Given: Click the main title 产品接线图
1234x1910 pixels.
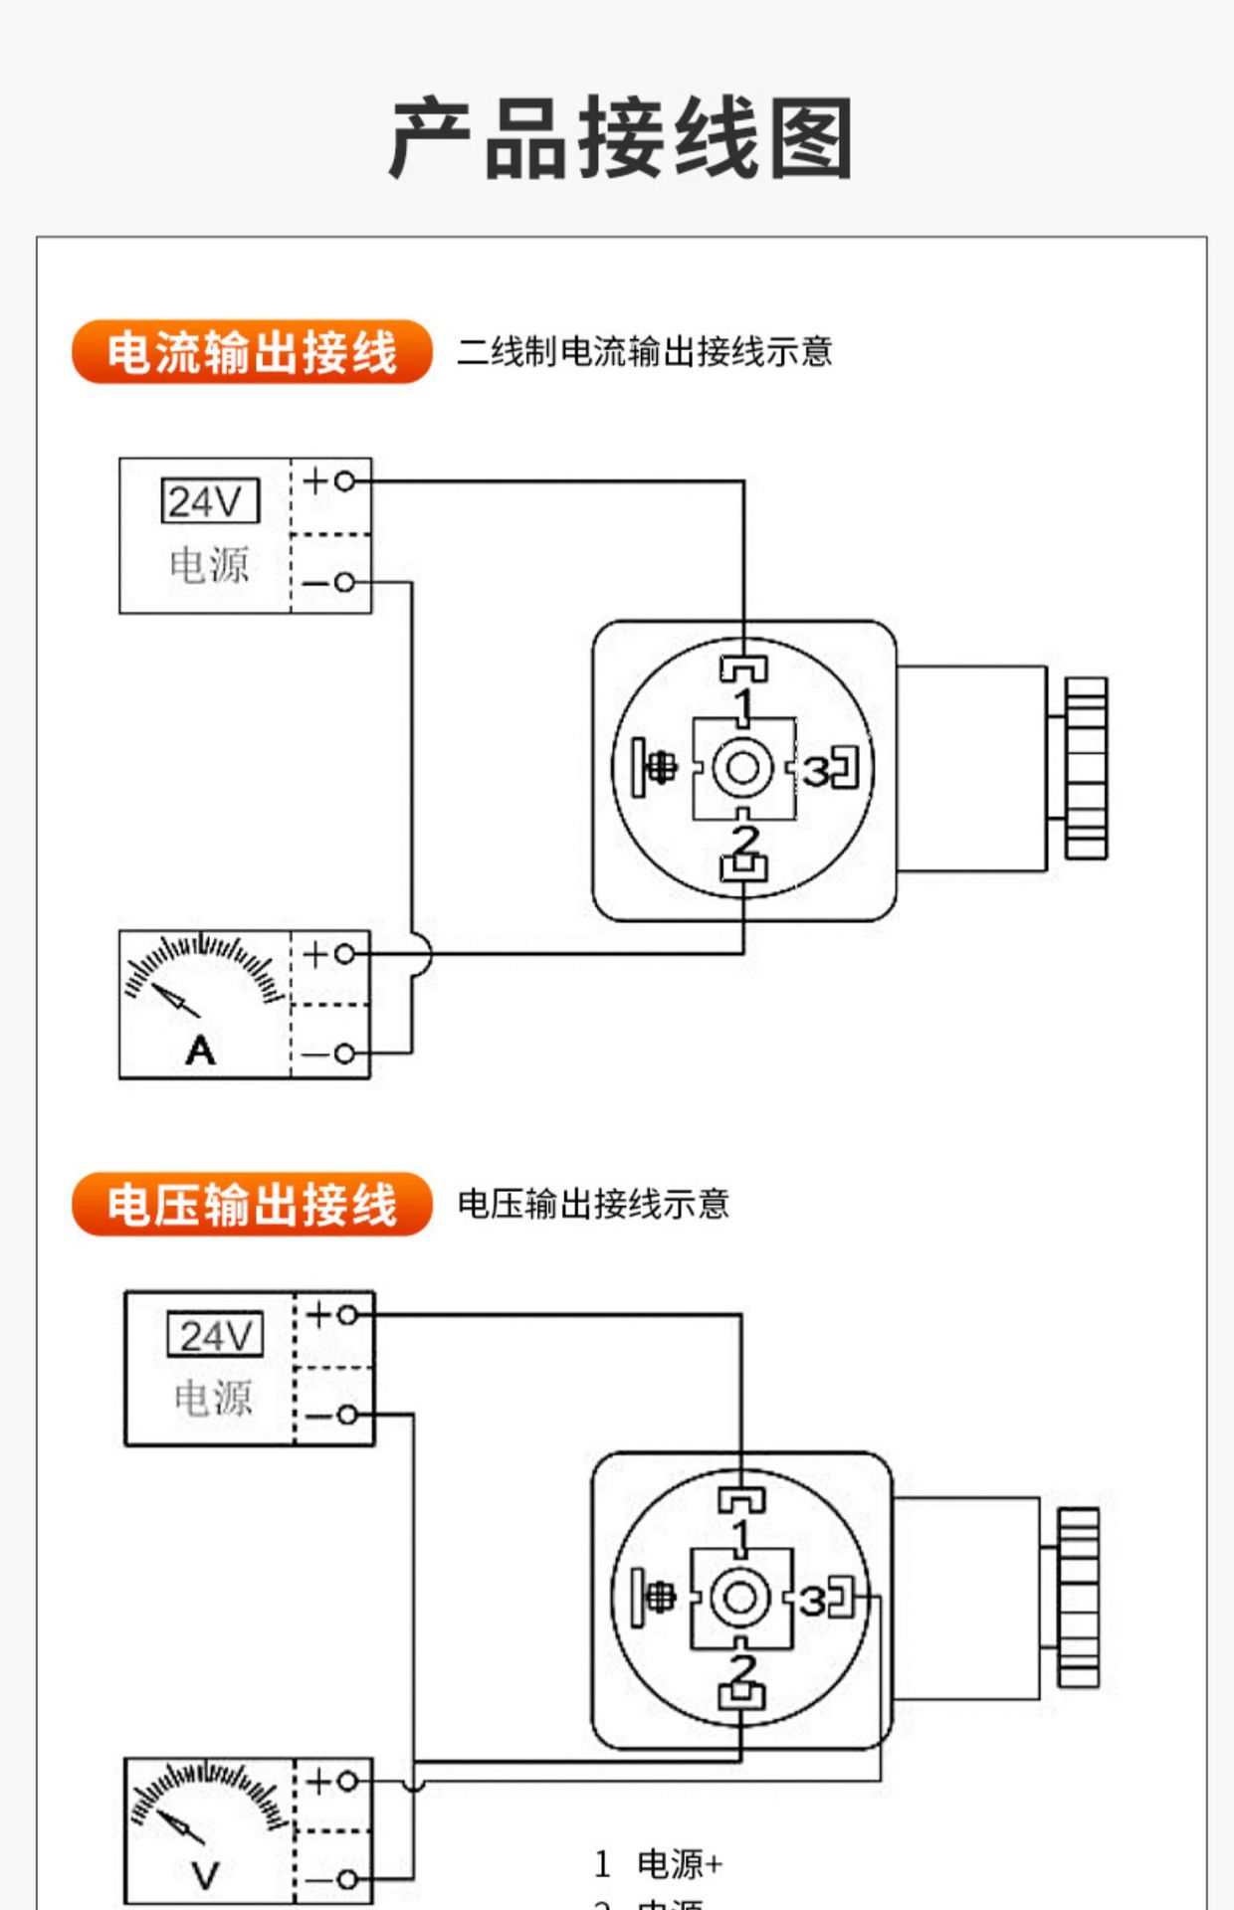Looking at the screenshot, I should point(621,139).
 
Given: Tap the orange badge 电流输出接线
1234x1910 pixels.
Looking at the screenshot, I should point(252,352).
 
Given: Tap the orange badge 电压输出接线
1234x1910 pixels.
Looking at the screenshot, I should point(252,1205).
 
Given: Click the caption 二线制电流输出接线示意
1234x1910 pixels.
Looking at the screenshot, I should point(644,352).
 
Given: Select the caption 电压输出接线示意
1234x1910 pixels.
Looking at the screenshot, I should point(593,1205).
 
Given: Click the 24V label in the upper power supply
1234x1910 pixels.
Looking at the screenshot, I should point(209,501).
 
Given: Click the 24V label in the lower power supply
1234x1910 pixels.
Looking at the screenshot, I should point(215,1335).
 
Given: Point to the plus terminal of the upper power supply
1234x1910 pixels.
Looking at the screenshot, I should point(344,481).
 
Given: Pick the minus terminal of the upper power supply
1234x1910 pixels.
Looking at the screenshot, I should point(344,582).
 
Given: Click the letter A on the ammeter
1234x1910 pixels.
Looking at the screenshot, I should point(200,1050).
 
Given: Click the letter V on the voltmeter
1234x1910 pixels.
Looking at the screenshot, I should point(205,1876).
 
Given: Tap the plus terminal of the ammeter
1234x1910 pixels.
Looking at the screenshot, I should point(344,954).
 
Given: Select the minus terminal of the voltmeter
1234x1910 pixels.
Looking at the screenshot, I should point(346,1879).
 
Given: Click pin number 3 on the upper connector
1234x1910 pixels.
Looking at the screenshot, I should point(816,771).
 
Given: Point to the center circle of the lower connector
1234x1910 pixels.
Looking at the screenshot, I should point(739,1599).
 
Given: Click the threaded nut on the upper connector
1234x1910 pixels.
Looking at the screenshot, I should point(1086,768).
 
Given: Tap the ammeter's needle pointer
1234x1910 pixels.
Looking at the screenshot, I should point(176,1000).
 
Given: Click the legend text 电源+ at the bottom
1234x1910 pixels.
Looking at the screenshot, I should point(680,1863).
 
